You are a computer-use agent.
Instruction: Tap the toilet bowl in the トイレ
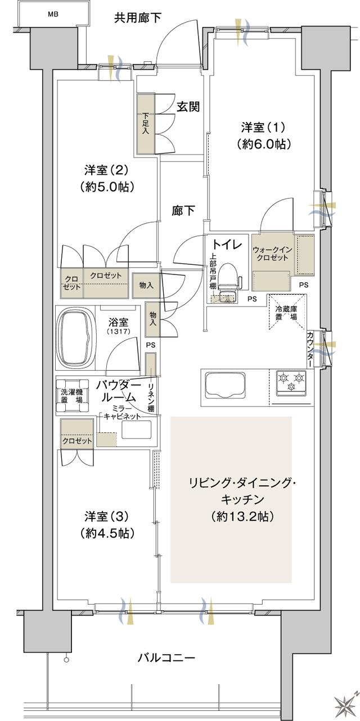[x=227, y=276]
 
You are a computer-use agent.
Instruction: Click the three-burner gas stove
[x=291, y=382]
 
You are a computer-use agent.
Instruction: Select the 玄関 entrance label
[x=188, y=106]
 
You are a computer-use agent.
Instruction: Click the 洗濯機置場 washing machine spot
[x=71, y=395]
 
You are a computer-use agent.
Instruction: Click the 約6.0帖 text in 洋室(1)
[x=263, y=143]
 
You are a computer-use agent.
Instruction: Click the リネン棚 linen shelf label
[x=151, y=397]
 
